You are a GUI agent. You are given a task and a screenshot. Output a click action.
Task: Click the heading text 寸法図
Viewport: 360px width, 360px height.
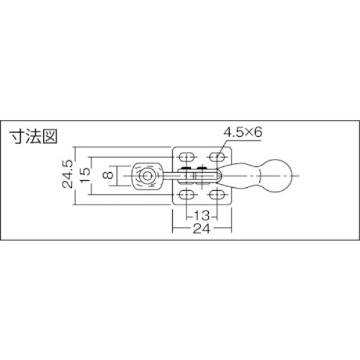[34, 136]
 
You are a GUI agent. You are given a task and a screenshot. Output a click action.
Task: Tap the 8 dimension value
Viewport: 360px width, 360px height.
[107, 175]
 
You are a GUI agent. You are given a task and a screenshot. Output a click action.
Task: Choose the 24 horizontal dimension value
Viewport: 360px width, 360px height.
[202, 229]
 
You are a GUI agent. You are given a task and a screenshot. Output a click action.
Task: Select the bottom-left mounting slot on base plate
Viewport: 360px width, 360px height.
[187, 196]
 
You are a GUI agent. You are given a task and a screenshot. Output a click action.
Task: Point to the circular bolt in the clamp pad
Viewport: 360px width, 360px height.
[146, 176]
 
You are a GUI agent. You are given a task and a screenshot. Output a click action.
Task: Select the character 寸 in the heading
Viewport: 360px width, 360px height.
[18, 136]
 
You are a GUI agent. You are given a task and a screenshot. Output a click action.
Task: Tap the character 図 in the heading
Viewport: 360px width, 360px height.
[49, 136]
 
